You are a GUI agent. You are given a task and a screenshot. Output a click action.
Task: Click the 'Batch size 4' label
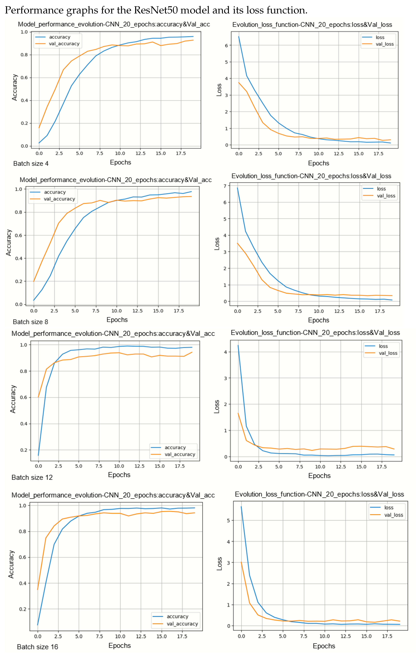pos(31,163)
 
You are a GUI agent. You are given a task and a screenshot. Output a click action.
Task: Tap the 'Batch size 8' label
pos(30,322)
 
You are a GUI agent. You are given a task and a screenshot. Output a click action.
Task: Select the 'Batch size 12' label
pos(32,477)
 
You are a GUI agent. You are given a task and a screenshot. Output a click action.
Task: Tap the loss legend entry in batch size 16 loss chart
pos(389,508)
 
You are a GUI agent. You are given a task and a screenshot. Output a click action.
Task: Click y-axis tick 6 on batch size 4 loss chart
pos(226,45)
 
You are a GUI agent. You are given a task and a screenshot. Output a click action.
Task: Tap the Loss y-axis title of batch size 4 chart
pos(219,90)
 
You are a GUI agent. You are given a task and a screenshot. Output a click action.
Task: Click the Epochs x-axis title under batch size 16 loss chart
pos(324,646)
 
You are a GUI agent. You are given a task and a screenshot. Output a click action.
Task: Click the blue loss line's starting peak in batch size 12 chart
pos(238,345)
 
